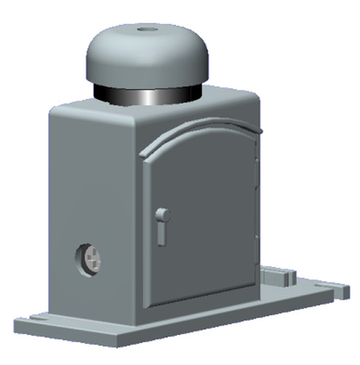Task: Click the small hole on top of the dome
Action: point(145,30)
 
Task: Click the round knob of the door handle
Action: point(164,215)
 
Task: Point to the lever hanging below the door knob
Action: point(161,233)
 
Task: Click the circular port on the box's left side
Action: point(89,260)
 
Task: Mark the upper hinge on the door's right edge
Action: point(256,157)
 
